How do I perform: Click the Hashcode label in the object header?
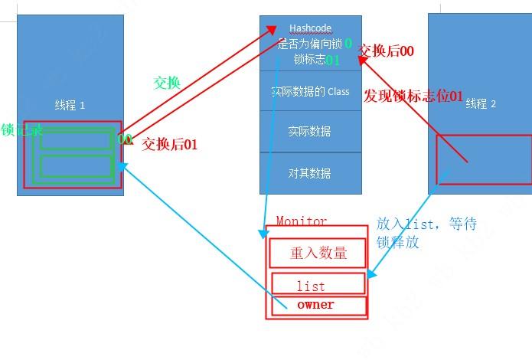(310, 28)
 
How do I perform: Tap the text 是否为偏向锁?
(309, 44)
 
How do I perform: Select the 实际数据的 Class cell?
(310, 91)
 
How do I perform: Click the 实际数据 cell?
(310, 131)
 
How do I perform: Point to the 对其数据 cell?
(310, 173)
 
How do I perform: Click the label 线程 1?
(70, 104)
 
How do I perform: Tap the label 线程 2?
(481, 103)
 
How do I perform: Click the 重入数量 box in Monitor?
(318, 254)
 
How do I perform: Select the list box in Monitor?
(311, 286)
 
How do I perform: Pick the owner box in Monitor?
(315, 305)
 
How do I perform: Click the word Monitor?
(301, 221)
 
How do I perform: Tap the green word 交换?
(167, 83)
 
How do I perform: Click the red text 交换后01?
(169, 143)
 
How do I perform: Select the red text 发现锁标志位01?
(413, 97)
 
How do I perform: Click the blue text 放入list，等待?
(426, 224)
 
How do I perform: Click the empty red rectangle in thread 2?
(484, 159)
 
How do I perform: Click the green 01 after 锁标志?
(332, 60)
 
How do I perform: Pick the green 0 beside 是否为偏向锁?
(348, 44)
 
